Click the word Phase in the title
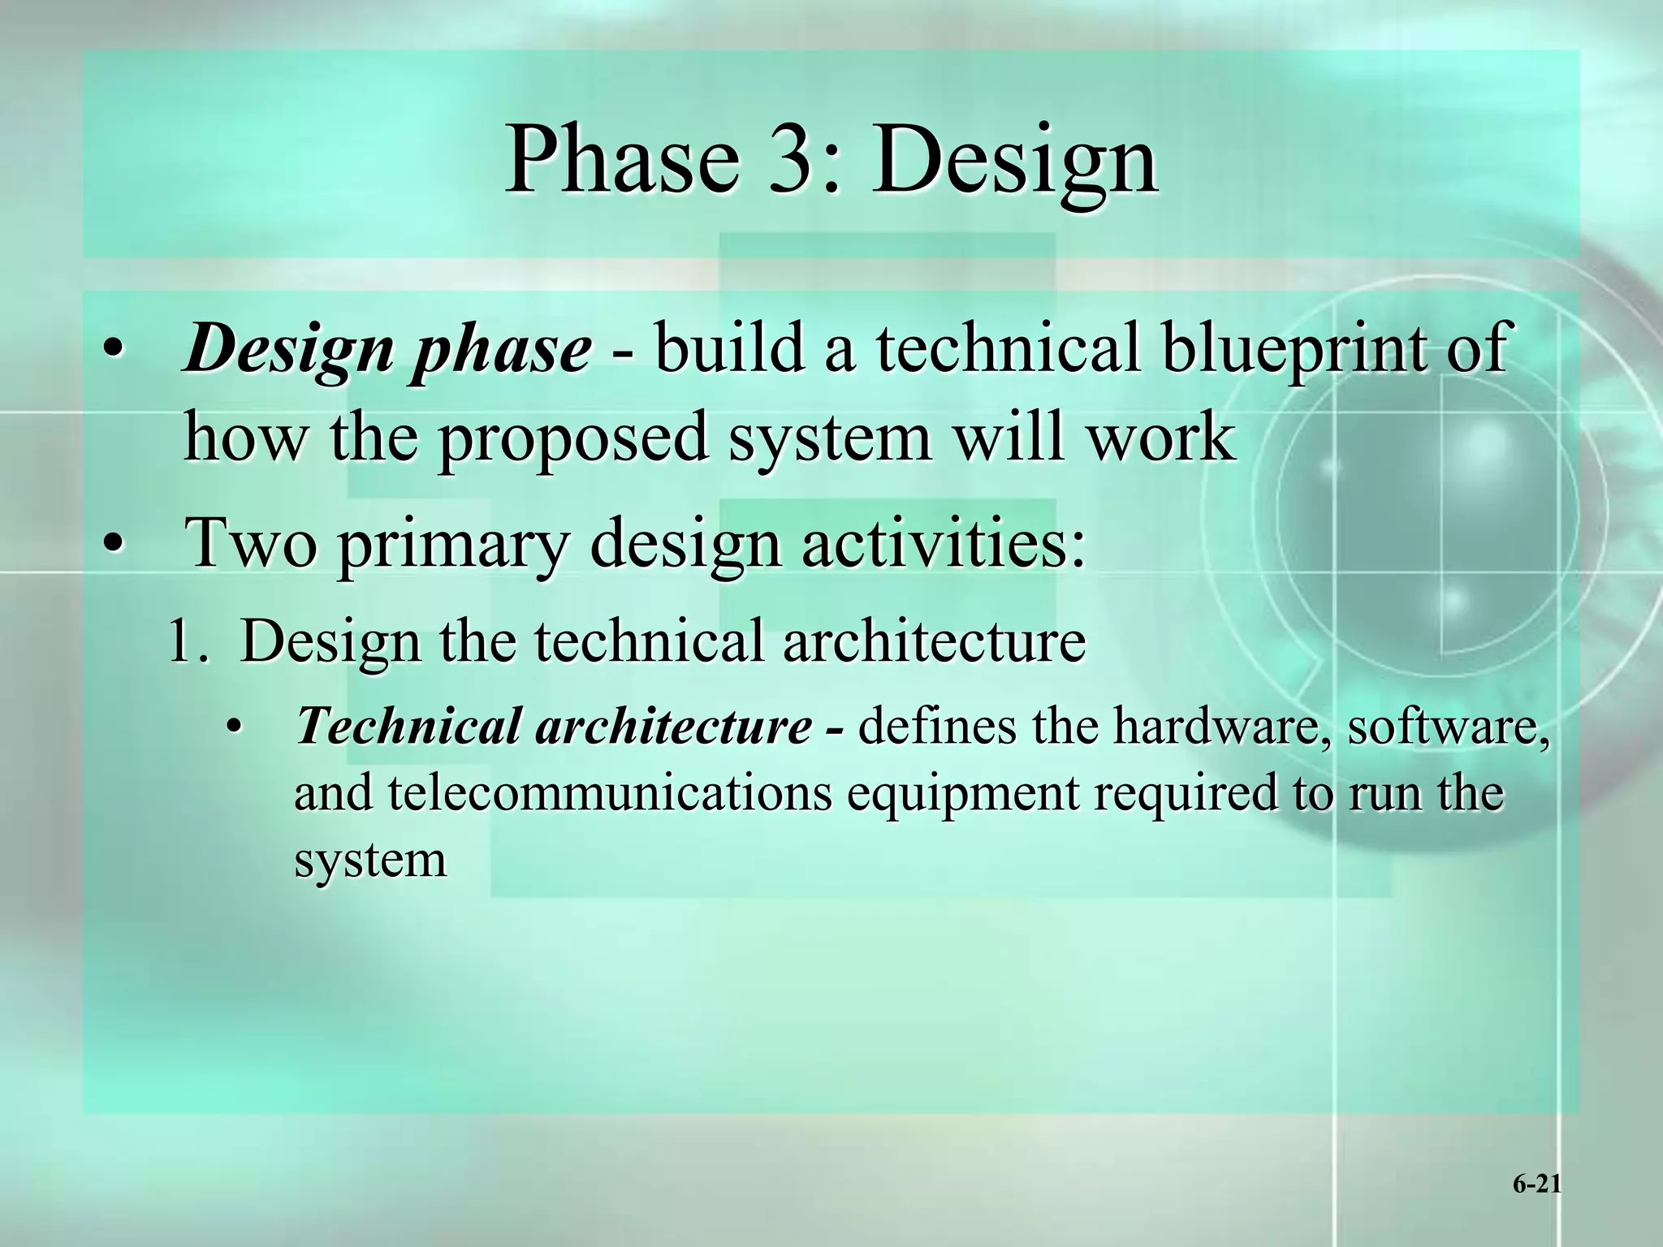[x=622, y=159]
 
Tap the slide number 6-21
[x=1536, y=1184]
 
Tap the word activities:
[x=943, y=542]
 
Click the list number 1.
[x=186, y=641]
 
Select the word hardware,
[x=1223, y=724]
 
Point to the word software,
[x=1449, y=724]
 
